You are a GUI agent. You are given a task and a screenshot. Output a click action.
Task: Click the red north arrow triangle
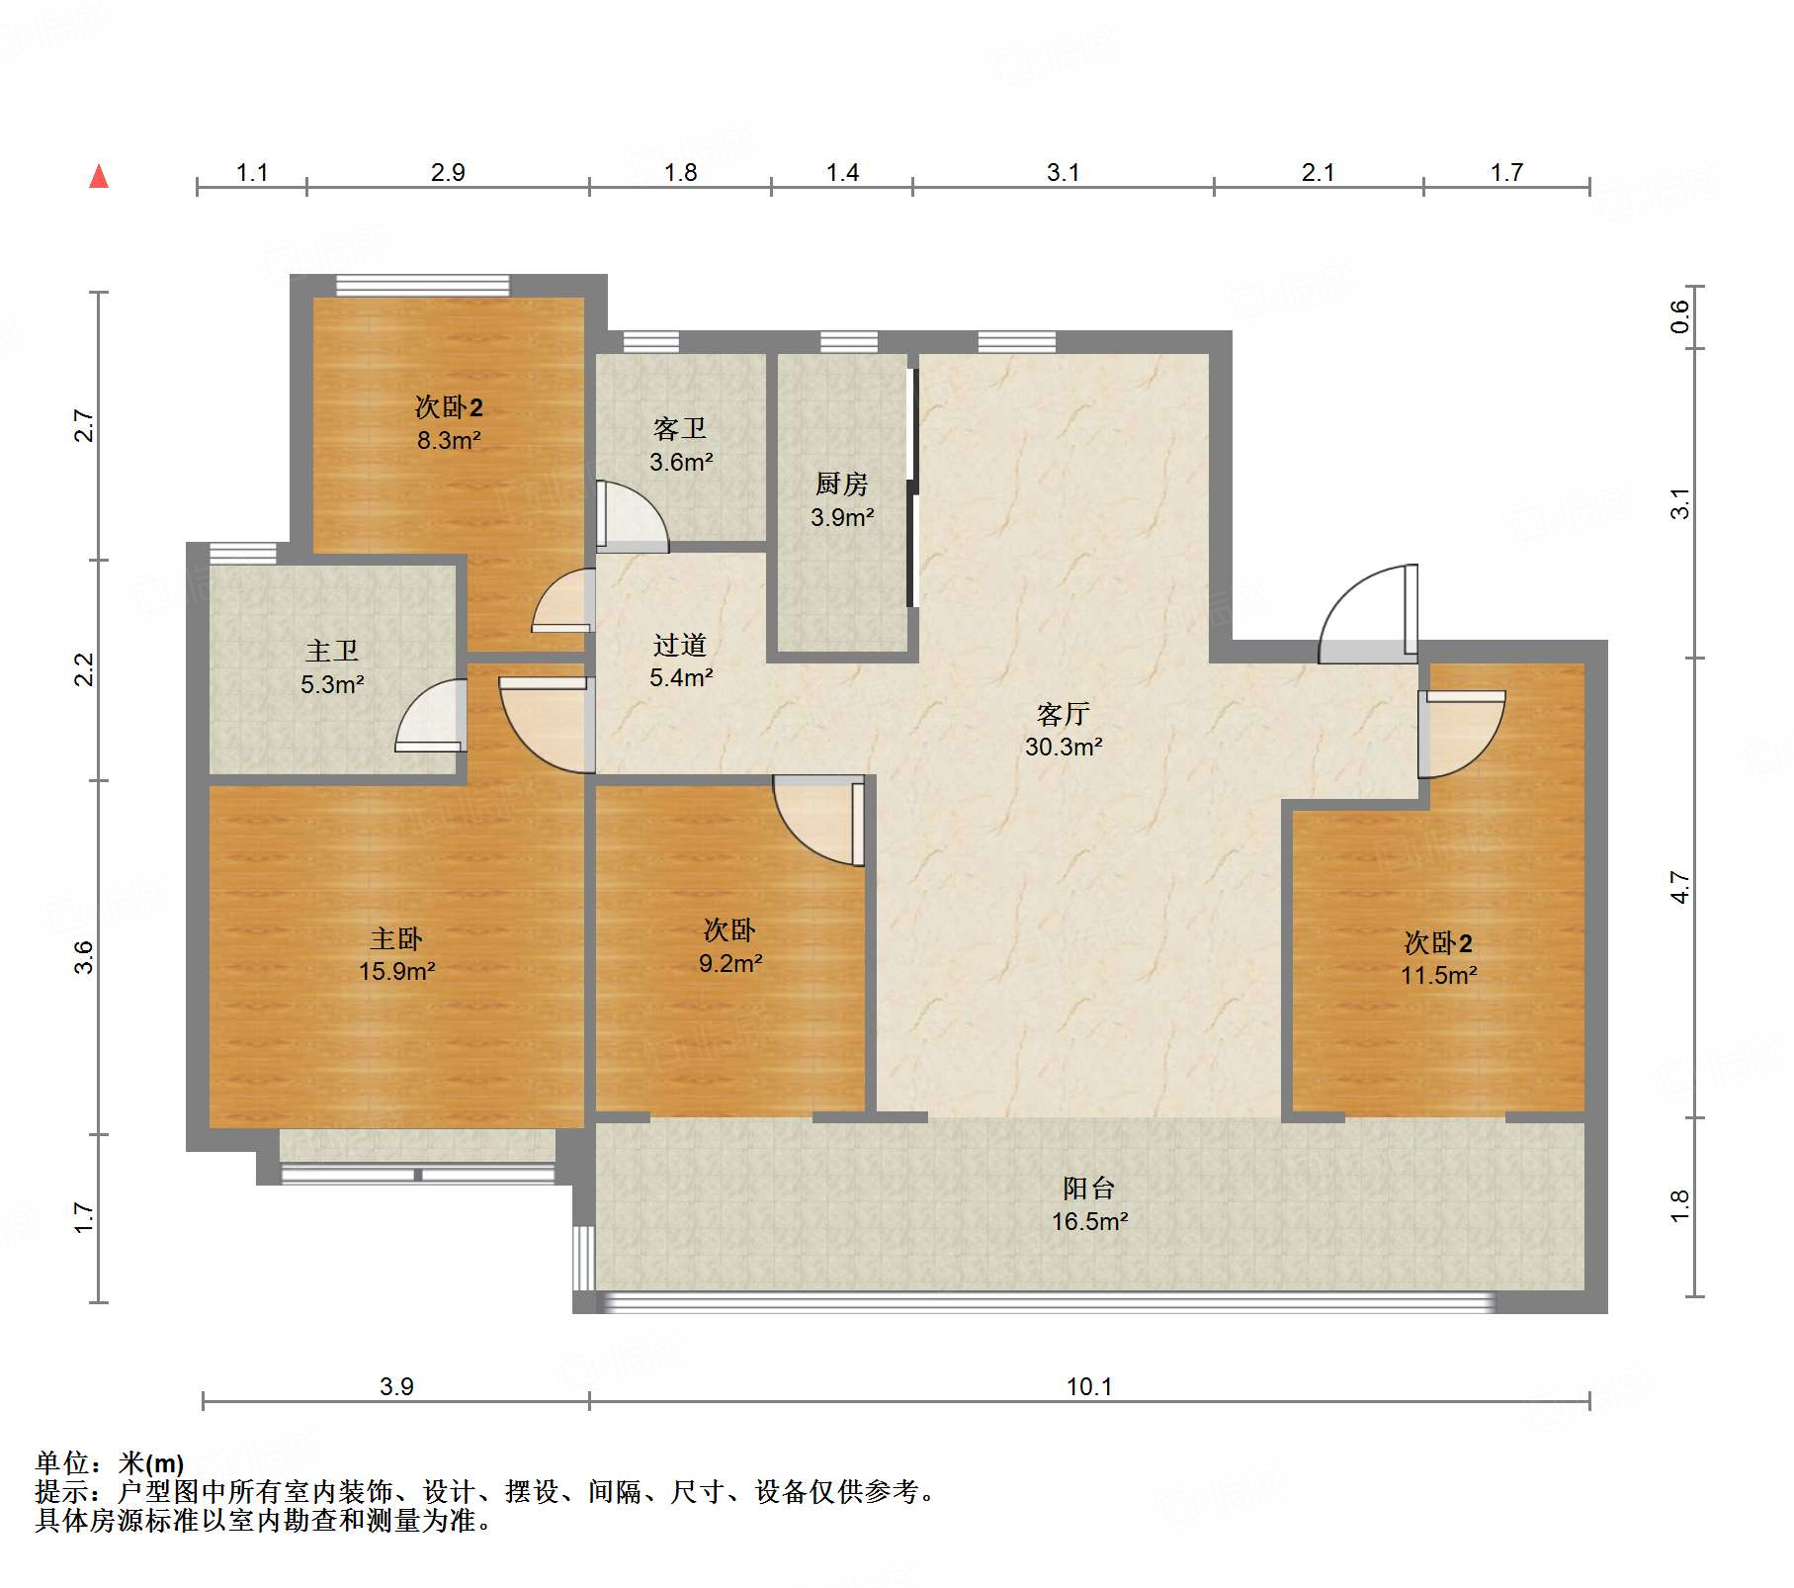click(x=99, y=176)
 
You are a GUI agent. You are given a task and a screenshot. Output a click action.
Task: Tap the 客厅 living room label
click(x=1064, y=713)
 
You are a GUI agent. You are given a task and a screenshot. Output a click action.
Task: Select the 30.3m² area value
click(x=1064, y=747)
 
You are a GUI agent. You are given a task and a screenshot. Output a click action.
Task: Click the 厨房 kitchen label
click(x=842, y=484)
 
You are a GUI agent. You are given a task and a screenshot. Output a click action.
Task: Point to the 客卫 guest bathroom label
click(x=680, y=428)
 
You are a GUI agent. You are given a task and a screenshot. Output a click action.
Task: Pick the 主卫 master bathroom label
click(x=332, y=651)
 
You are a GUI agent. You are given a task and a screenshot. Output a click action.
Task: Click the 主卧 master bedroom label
click(x=396, y=937)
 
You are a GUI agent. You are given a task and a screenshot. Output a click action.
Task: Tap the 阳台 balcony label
click(x=1089, y=1188)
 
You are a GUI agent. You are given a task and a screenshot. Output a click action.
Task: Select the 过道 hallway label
click(x=680, y=645)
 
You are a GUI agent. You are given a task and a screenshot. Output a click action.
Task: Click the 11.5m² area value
click(x=1439, y=975)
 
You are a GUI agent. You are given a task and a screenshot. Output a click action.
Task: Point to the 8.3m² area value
click(x=449, y=440)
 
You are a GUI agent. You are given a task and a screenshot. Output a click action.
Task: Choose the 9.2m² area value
click(x=730, y=963)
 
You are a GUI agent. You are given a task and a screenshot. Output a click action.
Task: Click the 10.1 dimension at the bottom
click(x=1089, y=1386)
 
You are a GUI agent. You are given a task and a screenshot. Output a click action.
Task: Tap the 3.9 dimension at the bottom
click(x=396, y=1386)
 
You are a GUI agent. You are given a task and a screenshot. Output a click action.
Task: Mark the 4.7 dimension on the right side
click(x=1680, y=887)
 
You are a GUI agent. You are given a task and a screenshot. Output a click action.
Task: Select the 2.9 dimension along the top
click(x=448, y=172)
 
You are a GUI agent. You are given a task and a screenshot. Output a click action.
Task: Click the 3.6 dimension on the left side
click(x=84, y=957)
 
